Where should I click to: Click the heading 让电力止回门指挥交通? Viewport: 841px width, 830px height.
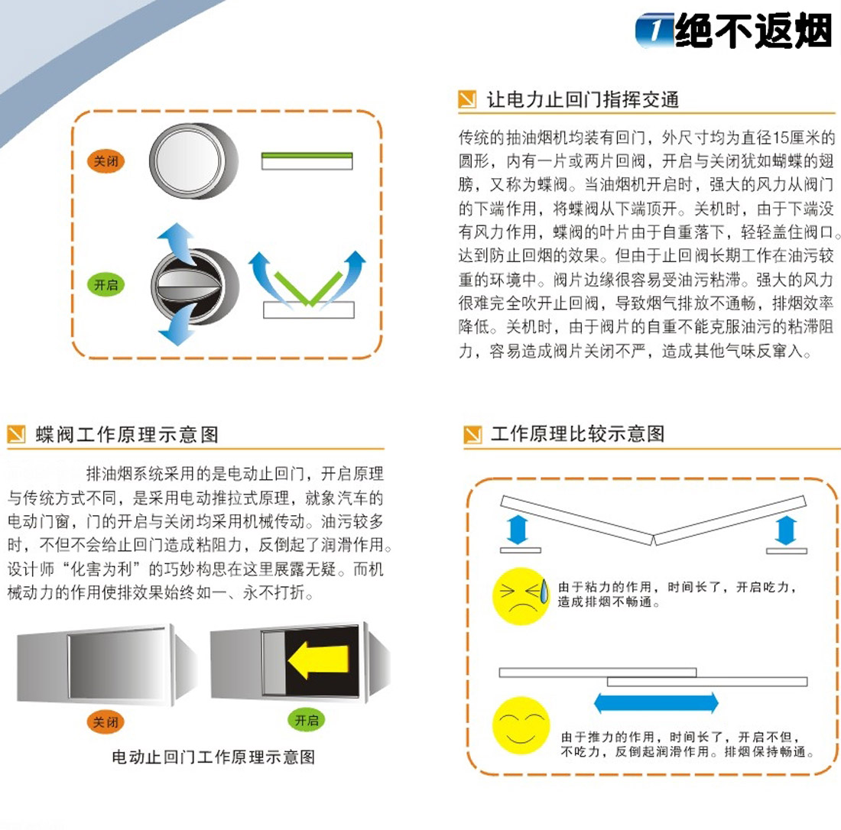(583, 99)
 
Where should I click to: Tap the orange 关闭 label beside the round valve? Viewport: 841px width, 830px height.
(106, 160)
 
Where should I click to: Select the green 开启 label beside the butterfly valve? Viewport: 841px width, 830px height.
(106, 284)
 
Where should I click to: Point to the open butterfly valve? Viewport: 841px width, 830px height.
(194, 287)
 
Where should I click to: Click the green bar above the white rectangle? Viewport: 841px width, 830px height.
(307, 155)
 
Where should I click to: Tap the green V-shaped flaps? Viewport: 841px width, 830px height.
(308, 288)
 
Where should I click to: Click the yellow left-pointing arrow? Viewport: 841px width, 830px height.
(319, 660)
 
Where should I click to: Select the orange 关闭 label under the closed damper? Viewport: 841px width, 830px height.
(106, 721)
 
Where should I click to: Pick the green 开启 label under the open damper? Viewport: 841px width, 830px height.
(307, 719)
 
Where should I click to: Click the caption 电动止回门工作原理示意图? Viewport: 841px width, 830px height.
(213, 757)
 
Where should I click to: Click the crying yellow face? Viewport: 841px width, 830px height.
(521, 596)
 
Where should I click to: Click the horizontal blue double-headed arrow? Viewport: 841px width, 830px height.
(656, 702)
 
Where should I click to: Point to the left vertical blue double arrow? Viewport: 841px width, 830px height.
(518, 530)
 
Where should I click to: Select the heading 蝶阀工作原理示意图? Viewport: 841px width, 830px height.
(127, 434)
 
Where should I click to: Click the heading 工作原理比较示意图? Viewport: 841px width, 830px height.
(578, 433)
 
